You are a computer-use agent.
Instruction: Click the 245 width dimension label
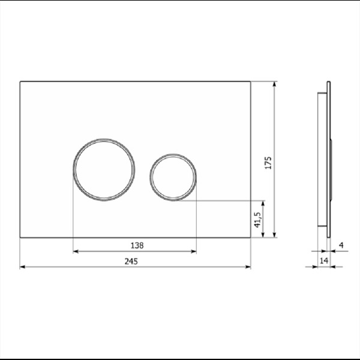point(131,261)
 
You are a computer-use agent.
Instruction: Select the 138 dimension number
point(137,245)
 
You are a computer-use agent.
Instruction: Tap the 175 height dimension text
point(268,163)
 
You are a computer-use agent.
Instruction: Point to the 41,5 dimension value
point(258,220)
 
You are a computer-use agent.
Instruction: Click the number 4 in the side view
point(341,245)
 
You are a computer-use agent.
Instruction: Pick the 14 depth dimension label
point(324,260)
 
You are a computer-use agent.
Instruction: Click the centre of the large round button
point(104,170)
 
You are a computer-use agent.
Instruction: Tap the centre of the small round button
point(173,177)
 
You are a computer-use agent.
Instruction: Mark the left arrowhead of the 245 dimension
point(22,267)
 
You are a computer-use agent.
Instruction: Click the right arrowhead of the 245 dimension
point(248,267)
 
